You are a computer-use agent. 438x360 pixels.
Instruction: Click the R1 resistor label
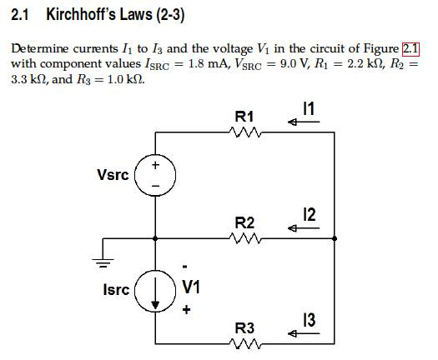[x=245, y=115]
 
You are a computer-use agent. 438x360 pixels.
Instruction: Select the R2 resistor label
[x=244, y=222]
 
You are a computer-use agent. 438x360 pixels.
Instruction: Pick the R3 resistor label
[x=244, y=327]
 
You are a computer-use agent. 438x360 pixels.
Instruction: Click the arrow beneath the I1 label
[x=302, y=123]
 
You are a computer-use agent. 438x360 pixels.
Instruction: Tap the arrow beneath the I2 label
[x=302, y=229]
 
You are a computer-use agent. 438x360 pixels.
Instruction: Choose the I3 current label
[x=310, y=321]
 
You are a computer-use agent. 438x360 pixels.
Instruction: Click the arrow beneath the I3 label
[x=302, y=335]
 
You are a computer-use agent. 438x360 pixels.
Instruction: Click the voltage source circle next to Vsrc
[x=155, y=175]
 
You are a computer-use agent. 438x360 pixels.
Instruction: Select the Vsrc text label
[x=113, y=175]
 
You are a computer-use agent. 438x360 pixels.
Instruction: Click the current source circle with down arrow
[x=155, y=289]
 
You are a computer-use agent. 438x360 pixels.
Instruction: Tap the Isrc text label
[x=116, y=290]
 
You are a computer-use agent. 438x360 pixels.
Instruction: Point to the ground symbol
[x=103, y=254]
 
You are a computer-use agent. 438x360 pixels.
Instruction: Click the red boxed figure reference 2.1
[x=411, y=47]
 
